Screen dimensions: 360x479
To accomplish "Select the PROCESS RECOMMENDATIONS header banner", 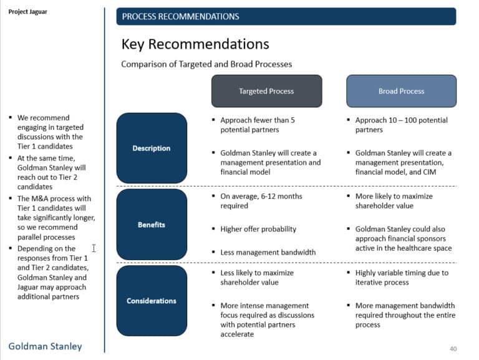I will click(286, 16).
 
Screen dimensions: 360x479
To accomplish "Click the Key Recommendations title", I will click(195, 44).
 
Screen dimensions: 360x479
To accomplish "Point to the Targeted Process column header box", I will click(266, 91).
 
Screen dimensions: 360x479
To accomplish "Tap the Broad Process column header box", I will click(401, 91).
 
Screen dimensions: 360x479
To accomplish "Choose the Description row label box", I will click(152, 148).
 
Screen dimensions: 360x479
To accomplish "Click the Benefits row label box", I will click(152, 225).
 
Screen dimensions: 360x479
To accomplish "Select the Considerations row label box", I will click(152, 301).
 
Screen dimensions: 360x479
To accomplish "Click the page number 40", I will click(453, 348).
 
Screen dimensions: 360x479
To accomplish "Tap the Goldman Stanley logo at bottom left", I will click(45, 346).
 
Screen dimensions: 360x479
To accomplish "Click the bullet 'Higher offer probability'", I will click(258, 229).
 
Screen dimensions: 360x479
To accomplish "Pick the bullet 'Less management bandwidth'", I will click(268, 253).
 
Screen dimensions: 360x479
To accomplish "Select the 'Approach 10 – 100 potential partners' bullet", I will click(401, 125).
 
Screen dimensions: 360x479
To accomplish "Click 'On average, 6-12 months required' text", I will click(261, 201).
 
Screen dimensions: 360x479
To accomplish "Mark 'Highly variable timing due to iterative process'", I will click(401, 278).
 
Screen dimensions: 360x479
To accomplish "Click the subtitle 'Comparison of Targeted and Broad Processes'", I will click(206, 64).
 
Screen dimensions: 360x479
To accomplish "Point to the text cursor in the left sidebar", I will click(94, 248).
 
